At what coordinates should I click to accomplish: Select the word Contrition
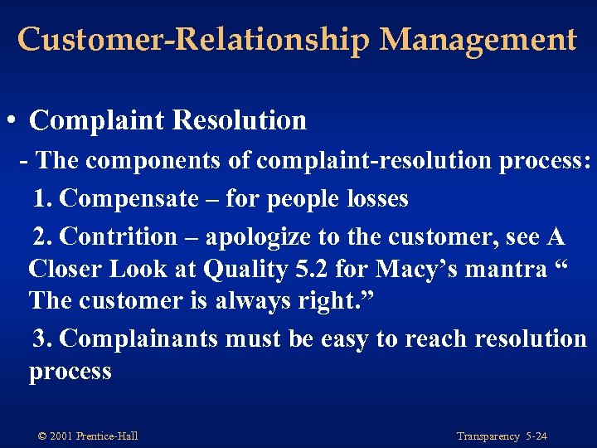point(119,236)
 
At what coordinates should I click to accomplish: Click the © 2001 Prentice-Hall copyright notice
point(88,436)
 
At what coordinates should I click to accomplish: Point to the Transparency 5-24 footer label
point(502,436)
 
